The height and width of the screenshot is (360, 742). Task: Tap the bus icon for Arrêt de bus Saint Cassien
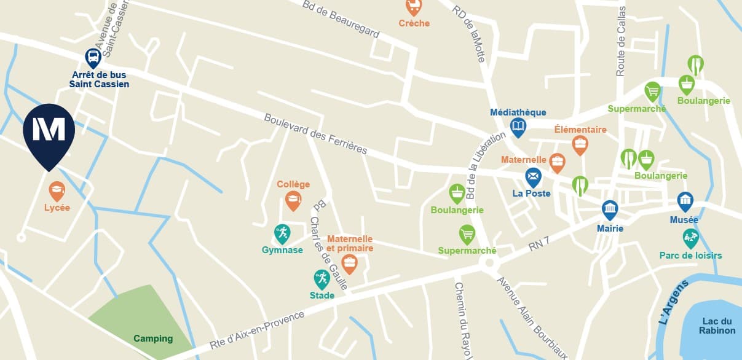point(93,58)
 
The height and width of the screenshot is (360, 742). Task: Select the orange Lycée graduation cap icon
point(57,191)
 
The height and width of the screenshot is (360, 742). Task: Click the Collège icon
point(293,200)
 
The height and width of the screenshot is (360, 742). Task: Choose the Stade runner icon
point(322,279)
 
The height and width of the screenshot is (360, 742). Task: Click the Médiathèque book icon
point(519,127)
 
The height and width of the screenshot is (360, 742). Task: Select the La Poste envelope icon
point(533,178)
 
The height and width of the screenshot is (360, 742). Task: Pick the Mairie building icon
point(610,210)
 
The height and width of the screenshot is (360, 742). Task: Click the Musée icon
point(685,202)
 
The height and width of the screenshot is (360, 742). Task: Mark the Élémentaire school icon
point(580,145)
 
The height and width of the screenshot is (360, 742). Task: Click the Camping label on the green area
point(153,338)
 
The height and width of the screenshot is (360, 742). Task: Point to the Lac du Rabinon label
point(717,326)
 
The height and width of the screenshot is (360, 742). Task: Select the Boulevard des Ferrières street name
point(316,133)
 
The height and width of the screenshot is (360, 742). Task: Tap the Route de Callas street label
point(621,41)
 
